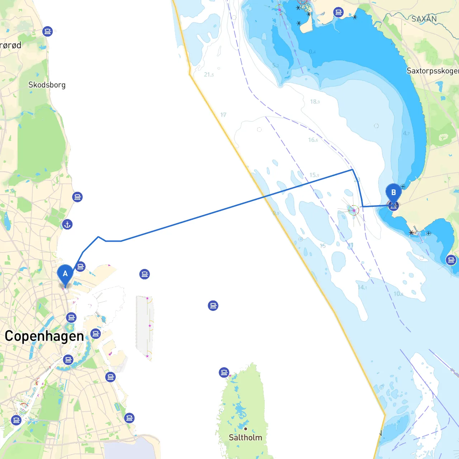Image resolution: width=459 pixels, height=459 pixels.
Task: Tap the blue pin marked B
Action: coord(393,193)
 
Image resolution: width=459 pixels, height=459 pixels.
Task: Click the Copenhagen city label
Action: coord(44,336)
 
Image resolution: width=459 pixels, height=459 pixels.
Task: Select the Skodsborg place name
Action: coord(47,85)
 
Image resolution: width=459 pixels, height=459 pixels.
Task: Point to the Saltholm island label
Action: coord(245,437)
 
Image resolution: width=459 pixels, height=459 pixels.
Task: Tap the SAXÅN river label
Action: coord(424,19)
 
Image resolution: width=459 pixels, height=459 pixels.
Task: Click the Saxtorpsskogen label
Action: coord(432,71)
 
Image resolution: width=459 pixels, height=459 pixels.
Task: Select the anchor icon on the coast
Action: coord(67,224)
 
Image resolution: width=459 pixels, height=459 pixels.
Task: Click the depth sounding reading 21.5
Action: coord(209,75)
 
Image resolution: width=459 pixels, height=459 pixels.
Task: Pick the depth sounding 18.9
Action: coord(315,102)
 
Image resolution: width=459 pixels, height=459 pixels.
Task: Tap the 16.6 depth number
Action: coord(313,140)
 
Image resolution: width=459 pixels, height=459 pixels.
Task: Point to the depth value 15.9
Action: coord(314,175)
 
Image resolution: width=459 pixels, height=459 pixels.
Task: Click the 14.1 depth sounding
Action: coord(362,287)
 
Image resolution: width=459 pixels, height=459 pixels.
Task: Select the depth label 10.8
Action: coord(398,294)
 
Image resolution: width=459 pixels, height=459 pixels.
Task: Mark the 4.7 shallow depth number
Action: coord(406,133)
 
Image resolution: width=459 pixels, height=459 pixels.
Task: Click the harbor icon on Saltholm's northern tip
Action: coord(224,373)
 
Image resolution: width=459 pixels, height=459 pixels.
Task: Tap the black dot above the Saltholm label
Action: coord(246,429)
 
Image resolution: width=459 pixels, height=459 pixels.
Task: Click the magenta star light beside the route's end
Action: coord(354,210)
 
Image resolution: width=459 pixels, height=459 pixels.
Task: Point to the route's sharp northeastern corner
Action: coord(352,170)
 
